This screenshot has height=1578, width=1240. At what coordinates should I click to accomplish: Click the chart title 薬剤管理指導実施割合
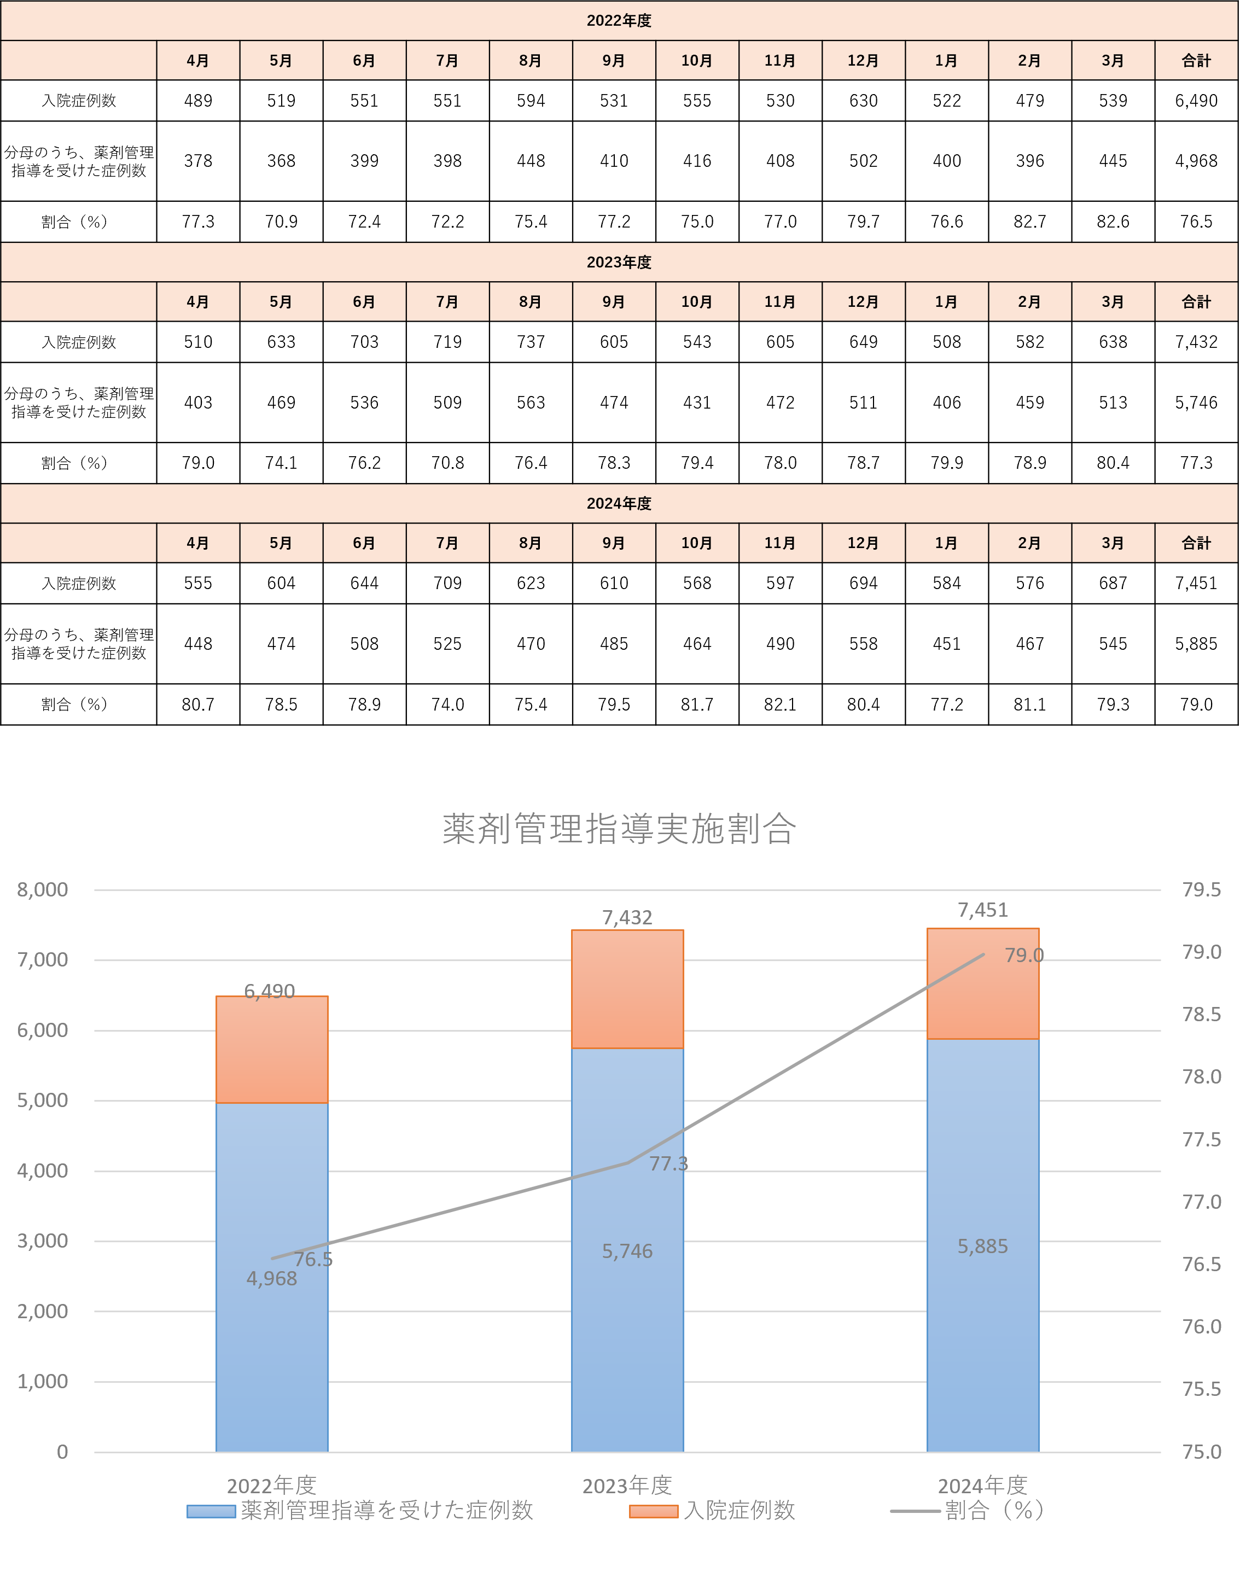pos(619,829)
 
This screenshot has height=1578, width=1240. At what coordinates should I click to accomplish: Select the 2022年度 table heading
pos(619,21)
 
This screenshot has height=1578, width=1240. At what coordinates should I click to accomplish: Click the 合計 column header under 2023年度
pos(1196,302)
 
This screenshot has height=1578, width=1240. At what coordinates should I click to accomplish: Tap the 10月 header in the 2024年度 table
pos(697,543)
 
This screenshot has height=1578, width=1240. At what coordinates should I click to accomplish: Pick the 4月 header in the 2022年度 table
pos(197,61)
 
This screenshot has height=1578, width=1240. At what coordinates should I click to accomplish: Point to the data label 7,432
pos(627,918)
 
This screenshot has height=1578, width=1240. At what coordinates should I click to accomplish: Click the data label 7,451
pos(982,910)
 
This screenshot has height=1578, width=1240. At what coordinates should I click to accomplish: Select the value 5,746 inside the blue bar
pos(627,1251)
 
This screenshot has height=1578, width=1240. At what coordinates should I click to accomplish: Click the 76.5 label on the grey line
pos(313,1259)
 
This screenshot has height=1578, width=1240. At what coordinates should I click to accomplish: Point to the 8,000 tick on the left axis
pos(43,890)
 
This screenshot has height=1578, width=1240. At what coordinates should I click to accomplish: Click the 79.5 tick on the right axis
pos(1202,890)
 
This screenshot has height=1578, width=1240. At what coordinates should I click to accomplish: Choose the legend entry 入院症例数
pos(739,1511)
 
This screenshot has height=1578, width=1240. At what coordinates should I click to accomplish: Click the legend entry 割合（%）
pos(994,1511)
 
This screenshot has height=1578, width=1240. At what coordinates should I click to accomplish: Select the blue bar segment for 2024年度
pos(982,1307)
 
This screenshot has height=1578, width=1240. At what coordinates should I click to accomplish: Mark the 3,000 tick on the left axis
pos(43,1241)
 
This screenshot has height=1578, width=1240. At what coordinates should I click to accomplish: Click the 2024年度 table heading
pos(619,504)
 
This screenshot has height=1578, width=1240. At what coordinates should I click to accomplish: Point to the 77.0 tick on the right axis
pos(1202,1203)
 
